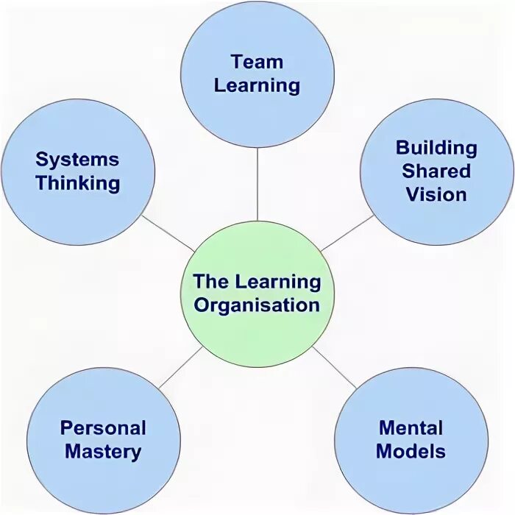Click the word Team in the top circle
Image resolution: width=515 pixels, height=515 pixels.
pyautogui.click(x=257, y=62)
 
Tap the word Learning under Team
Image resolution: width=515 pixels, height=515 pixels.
pyautogui.click(x=257, y=85)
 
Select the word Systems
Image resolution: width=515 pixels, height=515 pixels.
pyautogui.click(x=77, y=159)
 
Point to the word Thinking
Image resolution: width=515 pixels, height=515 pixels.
pyautogui.click(x=77, y=182)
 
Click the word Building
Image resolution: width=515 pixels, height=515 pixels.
pyautogui.click(x=436, y=147)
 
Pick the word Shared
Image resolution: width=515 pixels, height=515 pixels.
pyautogui.click(x=436, y=171)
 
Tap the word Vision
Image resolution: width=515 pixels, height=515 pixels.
pyautogui.click(x=436, y=194)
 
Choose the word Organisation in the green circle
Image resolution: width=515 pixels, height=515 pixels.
pyautogui.click(x=257, y=305)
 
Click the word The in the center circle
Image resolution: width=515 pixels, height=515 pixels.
pyautogui.click(x=211, y=281)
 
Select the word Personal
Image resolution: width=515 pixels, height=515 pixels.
pyautogui.click(x=103, y=427)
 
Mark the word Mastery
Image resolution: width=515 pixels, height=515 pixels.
pyautogui.click(x=103, y=451)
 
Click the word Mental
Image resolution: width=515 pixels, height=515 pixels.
pyautogui.click(x=411, y=427)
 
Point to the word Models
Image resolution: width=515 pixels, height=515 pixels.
pyautogui.click(x=411, y=451)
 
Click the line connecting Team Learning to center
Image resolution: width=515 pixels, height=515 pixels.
pyautogui.click(x=257, y=184)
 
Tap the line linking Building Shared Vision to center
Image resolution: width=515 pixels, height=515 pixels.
pyautogui.click(x=347, y=233)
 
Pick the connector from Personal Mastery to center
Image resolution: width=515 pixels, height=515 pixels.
pyautogui.click(x=179, y=368)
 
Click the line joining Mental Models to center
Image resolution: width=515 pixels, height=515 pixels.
pyautogui.click(x=335, y=367)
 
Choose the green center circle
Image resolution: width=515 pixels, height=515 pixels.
pyautogui.click(x=257, y=338)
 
